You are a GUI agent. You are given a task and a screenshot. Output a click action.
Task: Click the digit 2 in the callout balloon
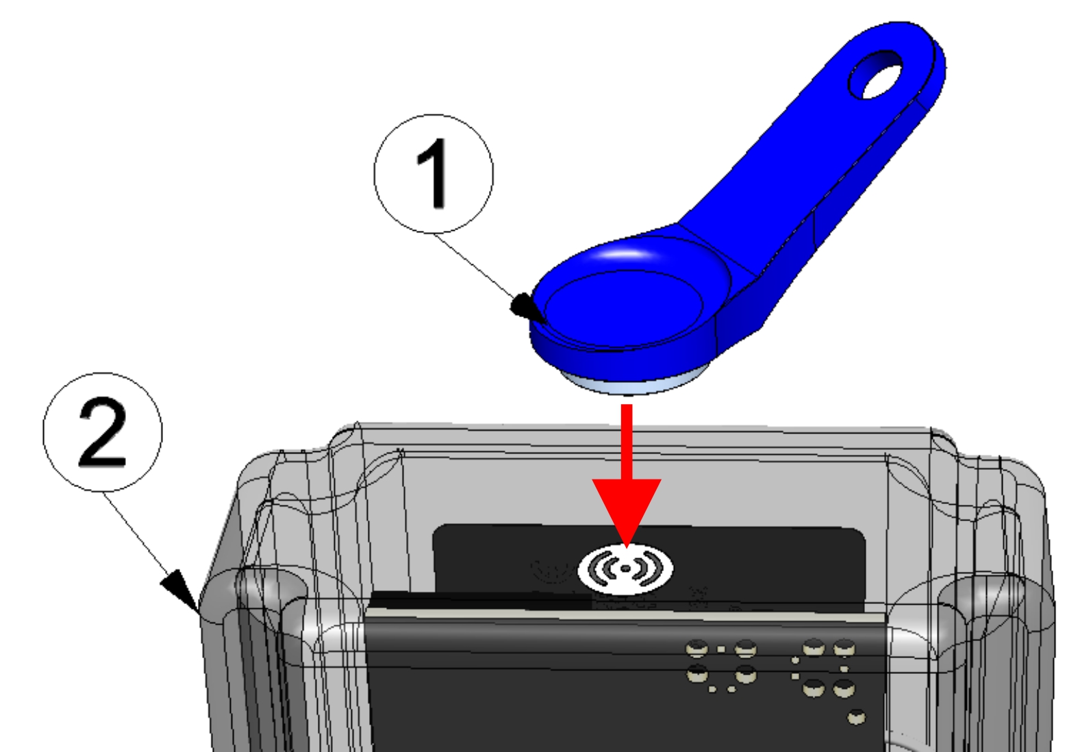coord(102,432)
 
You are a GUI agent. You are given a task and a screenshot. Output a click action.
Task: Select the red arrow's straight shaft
coord(627,442)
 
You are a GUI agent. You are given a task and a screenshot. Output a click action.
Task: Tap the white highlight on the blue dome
coord(625,253)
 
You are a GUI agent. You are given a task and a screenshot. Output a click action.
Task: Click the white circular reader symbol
coord(625,569)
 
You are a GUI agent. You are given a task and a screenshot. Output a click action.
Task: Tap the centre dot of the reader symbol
coord(625,569)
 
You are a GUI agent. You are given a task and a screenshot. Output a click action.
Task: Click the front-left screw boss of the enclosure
coord(270,594)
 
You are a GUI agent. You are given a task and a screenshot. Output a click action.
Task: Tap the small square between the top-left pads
coord(721,649)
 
